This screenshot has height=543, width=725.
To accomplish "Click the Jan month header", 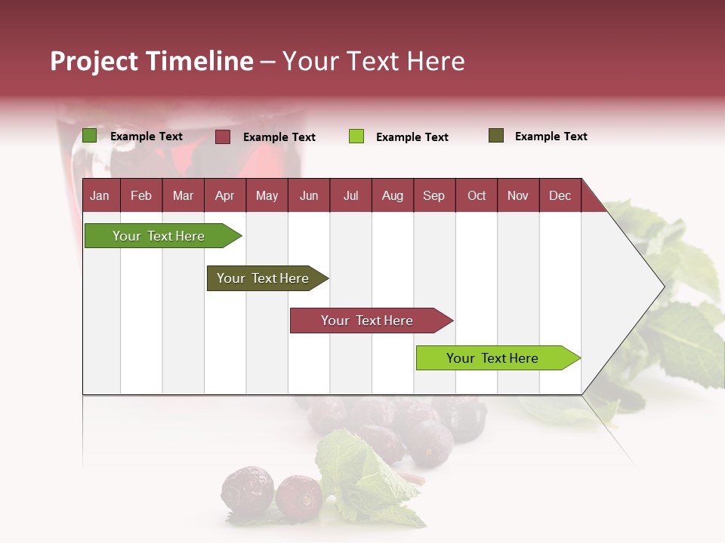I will [x=100, y=195].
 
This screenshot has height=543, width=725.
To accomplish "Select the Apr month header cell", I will [x=225, y=195].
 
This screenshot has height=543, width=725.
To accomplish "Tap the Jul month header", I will [x=350, y=195].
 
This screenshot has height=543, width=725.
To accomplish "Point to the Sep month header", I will [x=434, y=195].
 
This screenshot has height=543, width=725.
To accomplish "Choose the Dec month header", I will [x=560, y=195].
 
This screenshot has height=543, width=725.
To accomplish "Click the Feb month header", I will [x=141, y=195].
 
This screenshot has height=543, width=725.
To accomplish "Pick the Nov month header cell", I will [x=518, y=195].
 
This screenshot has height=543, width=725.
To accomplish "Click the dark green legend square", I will [x=90, y=136].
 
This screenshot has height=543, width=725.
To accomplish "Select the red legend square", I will [x=223, y=137].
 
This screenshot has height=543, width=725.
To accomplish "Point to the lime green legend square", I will [x=356, y=137].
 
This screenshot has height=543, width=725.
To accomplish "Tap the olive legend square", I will [x=496, y=136].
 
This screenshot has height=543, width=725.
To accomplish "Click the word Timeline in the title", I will [x=199, y=61].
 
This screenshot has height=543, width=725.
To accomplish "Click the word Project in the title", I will [x=94, y=61].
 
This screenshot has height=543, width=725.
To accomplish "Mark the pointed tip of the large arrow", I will [x=662, y=287].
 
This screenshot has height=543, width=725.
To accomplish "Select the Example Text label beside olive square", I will [x=551, y=137].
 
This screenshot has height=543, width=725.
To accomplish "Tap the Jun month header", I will [x=309, y=195].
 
